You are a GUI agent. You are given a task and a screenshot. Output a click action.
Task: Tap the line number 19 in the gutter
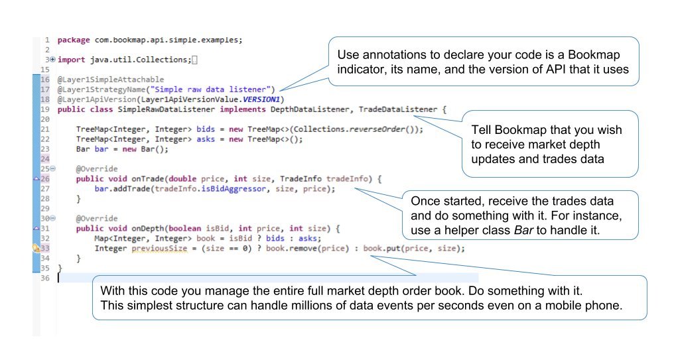click(x=45, y=109)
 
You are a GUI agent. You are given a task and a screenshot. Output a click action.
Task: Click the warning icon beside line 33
click(x=36, y=249)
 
